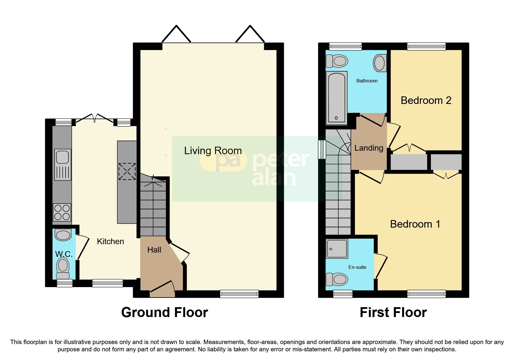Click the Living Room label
tap(213, 151)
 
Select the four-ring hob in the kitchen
tap(62, 212)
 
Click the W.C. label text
tap(64, 254)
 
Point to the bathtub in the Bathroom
tap(337, 98)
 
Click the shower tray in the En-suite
tap(337, 249)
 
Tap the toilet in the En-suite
tap(337, 280)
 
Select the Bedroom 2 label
tap(426, 100)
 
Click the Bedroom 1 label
tap(415, 224)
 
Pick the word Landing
tap(369, 148)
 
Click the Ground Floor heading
tap(165, 312)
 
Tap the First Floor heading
tap(393, 312)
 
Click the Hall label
tap(154, 250)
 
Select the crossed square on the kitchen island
tap(127, 171)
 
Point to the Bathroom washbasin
tap(380, 63)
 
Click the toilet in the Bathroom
tap(337, 61)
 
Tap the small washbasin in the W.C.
tap(63, 235)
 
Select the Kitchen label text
tap(110, 242)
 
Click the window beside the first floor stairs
tap(322, 150)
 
